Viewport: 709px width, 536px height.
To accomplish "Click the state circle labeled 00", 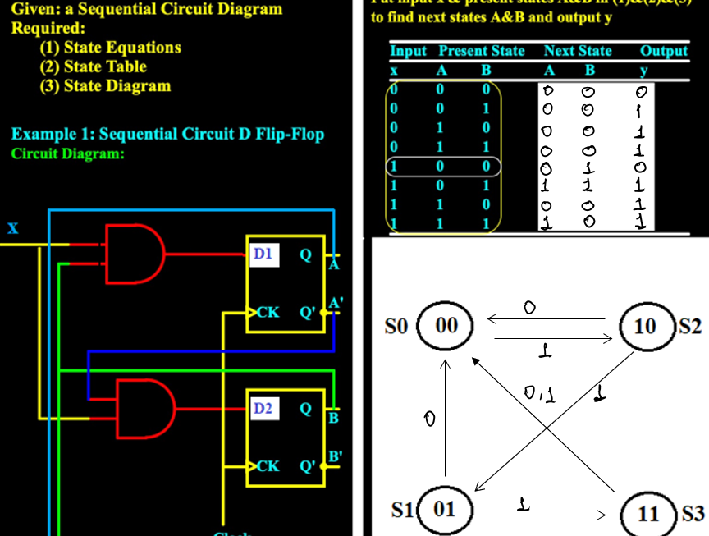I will tap(446, 326).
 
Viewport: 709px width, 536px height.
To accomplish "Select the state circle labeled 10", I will tap(646, 326).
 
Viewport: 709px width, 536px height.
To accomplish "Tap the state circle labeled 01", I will tap(444, 509).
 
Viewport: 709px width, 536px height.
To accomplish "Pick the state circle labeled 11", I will tap(648, 514).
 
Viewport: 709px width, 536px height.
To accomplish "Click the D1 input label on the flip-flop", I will tap(263, 254).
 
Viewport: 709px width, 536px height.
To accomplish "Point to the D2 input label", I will tap(263, 408).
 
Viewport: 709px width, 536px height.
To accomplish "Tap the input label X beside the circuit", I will tap(13, 229).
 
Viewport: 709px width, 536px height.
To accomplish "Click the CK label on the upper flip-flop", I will tap(268, 313).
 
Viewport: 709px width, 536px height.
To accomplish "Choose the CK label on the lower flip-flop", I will tap(268, 466).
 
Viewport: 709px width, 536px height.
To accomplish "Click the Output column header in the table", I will tap(664, 51).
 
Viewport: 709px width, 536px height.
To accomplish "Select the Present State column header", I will tap(482, 51).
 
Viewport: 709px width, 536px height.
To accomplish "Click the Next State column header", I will tap(578, 51).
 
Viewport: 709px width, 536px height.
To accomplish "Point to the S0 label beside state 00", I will tap(396, 326).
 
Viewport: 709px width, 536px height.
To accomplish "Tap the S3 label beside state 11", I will tap(693, 514).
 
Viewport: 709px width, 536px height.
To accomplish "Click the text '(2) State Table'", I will tap(93, 66).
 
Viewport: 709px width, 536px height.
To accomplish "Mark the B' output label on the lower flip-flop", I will tap(336, 456).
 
